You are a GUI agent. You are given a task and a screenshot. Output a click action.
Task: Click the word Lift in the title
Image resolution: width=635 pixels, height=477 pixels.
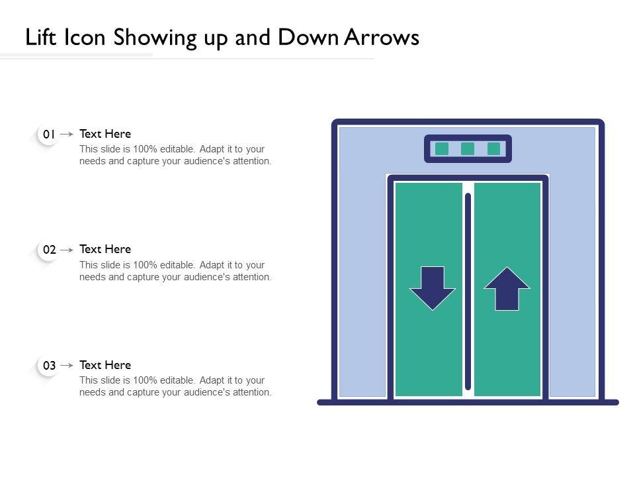pos(40,37)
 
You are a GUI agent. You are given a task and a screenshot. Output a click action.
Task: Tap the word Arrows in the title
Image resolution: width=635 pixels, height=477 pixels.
pos(382,37)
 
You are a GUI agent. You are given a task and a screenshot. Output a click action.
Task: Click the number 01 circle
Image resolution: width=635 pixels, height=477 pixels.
pos(48,134)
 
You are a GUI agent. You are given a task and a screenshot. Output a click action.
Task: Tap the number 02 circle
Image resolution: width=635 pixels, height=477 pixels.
pos(48,250)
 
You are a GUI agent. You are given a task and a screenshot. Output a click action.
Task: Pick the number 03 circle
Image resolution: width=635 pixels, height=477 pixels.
pos(48,366)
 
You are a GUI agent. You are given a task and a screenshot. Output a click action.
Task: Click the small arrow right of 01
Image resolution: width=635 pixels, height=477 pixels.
pos(67,134)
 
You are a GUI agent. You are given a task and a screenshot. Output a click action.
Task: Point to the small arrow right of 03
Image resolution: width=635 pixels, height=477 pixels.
pos(67,366)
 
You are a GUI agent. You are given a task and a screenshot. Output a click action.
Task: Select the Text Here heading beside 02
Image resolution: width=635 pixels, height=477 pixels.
pos(105,249)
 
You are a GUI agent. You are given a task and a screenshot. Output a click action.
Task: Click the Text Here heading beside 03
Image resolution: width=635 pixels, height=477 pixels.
pos(105,365)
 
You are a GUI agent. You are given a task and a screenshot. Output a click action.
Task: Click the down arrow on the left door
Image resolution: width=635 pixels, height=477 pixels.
pos(433,288)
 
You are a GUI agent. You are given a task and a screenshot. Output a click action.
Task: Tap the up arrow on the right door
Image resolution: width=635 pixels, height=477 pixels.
pos(507,288)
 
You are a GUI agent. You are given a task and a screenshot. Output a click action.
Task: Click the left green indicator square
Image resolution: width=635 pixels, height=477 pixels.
pos(442,149)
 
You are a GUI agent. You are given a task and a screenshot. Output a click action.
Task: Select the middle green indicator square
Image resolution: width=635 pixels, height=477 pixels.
pos(468,149)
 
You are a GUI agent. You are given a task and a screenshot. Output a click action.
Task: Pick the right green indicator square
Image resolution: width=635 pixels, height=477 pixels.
pos(493,149)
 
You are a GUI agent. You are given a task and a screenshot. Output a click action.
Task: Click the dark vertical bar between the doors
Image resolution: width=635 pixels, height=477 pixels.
pos(468,291)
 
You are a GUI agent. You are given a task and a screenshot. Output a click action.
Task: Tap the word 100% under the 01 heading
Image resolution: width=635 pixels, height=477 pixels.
pos(145,149)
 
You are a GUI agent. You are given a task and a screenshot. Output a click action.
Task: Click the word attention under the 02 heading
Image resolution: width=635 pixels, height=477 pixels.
pos(251,277)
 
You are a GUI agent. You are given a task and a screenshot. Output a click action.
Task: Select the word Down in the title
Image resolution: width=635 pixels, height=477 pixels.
pos(309,37)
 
